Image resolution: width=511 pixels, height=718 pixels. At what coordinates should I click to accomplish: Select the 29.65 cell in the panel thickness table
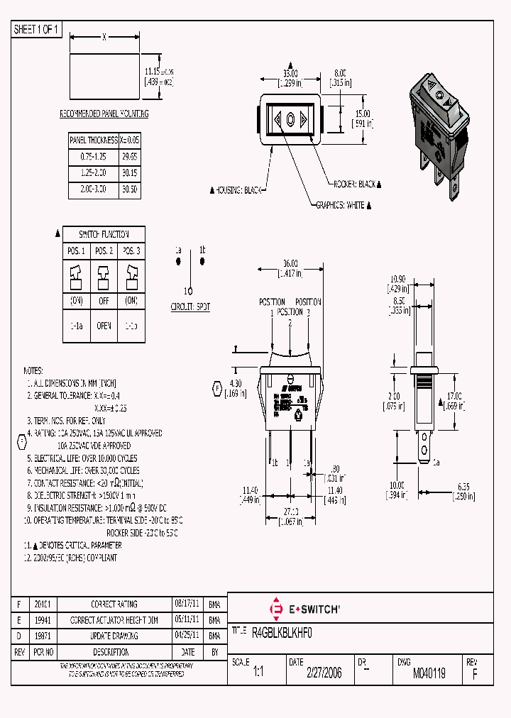tap(129, 156)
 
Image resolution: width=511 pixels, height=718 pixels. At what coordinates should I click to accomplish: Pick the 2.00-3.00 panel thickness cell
tap(92, 189)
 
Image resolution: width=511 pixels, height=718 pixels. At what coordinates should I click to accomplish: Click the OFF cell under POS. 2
tap(104, 301)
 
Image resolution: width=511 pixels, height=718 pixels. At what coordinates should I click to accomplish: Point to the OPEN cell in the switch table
tap(104, 326)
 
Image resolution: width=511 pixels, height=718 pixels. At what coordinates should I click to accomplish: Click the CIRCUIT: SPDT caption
tap(190, 306)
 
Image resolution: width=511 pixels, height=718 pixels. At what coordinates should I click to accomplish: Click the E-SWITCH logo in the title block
tap(305, 609)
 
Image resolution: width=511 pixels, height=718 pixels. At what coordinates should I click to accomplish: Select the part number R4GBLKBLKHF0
tap(282, 631)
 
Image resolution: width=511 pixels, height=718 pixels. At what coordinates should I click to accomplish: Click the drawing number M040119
tap(429, 673)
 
